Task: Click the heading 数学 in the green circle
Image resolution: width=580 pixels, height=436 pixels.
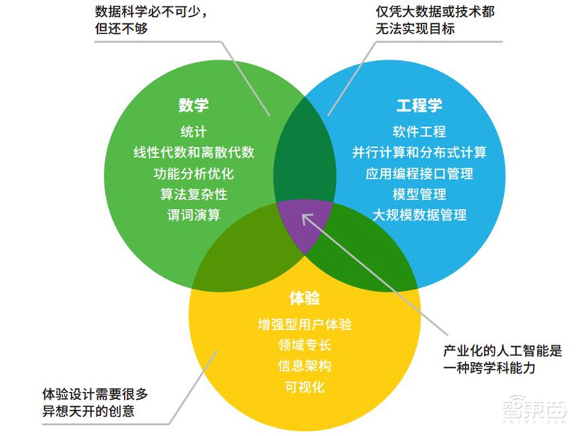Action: coord(194,104)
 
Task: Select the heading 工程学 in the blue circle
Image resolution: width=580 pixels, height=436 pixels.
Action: coord(419,104)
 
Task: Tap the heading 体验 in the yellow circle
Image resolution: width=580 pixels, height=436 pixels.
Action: coord(304,298)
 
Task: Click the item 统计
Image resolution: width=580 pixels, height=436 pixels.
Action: coord(194,132)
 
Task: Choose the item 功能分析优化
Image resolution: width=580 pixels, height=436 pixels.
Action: coord(194,173)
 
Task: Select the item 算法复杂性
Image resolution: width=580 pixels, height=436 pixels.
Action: coord(194,194)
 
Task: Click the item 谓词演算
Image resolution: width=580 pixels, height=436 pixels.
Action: coord(194,215)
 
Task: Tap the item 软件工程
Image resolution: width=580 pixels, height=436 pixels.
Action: coord(419,132)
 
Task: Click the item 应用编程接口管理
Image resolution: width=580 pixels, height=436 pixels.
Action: coord(419,173)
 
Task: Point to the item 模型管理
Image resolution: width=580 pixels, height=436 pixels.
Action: coord(419,194)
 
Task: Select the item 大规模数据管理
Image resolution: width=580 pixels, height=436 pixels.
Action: coord(419,215)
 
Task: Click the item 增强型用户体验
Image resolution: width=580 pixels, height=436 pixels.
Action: coord(304,324)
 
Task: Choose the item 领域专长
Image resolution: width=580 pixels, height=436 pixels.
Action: coord(304,345)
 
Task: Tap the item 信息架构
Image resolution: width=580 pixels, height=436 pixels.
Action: coord(304,365)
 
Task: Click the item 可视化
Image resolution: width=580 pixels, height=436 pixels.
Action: coord(304,386)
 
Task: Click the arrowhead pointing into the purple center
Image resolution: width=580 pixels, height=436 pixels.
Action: coord(307,215)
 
